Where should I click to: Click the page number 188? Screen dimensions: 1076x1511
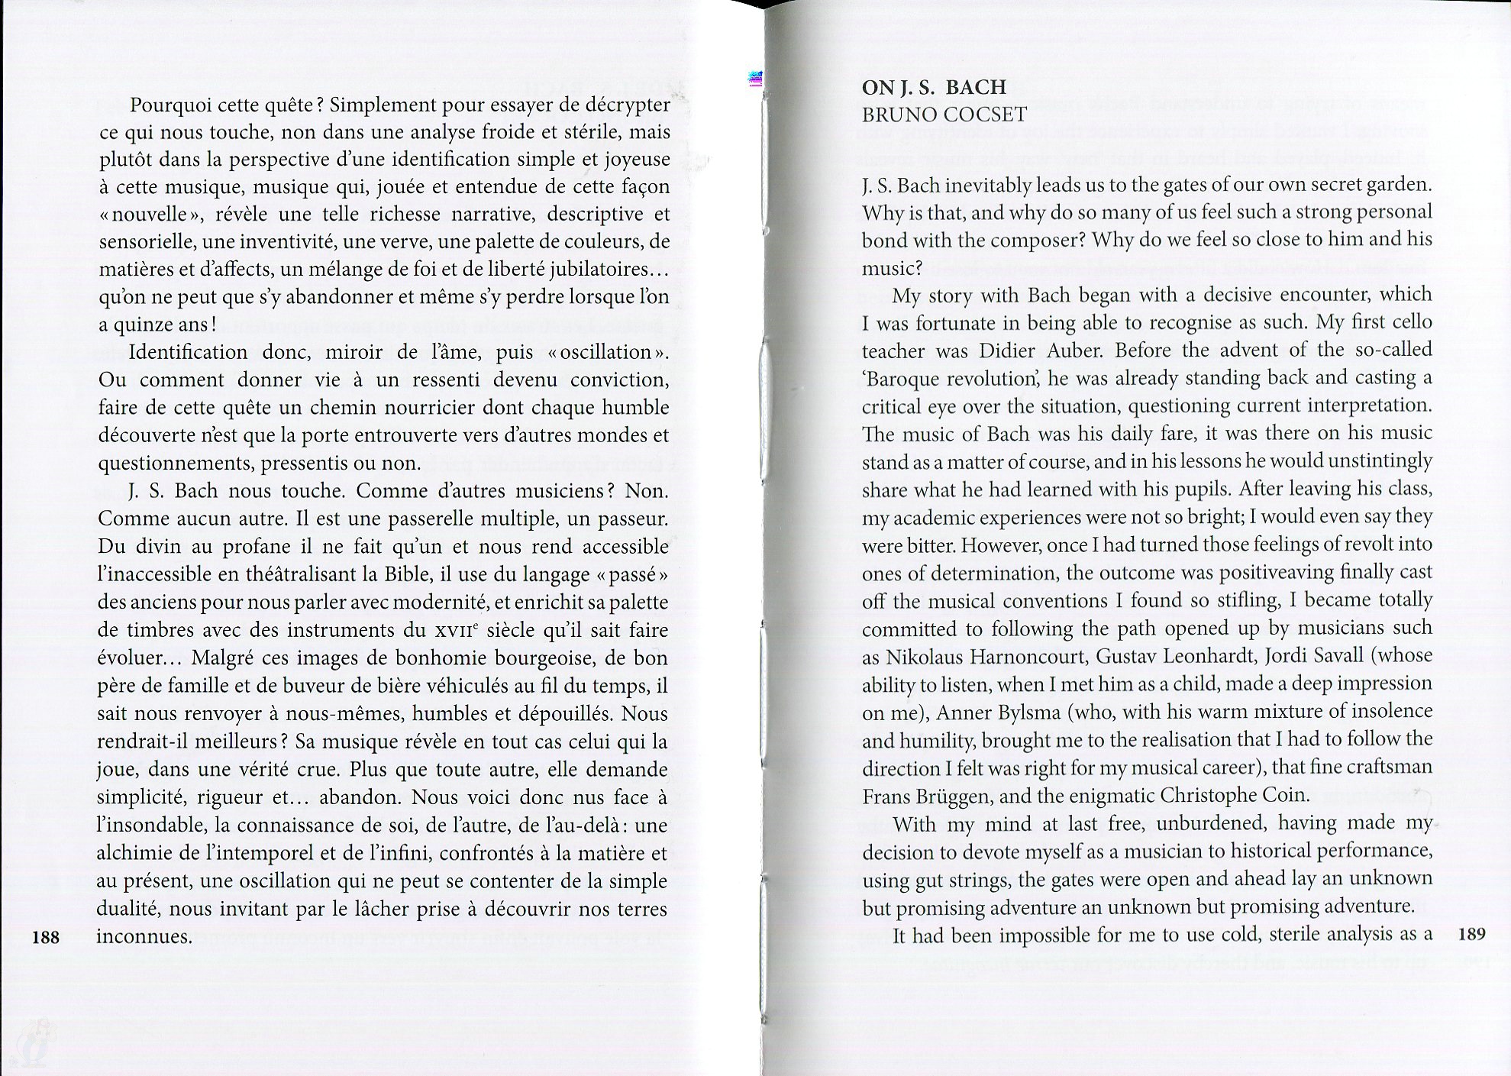(47, 936)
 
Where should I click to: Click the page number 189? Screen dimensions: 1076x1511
(1471, 933)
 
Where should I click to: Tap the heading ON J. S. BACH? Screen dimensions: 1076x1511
(934, 87)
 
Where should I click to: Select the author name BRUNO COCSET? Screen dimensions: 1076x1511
(944, 115)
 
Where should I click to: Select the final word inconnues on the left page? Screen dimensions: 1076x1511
(144, 937)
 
